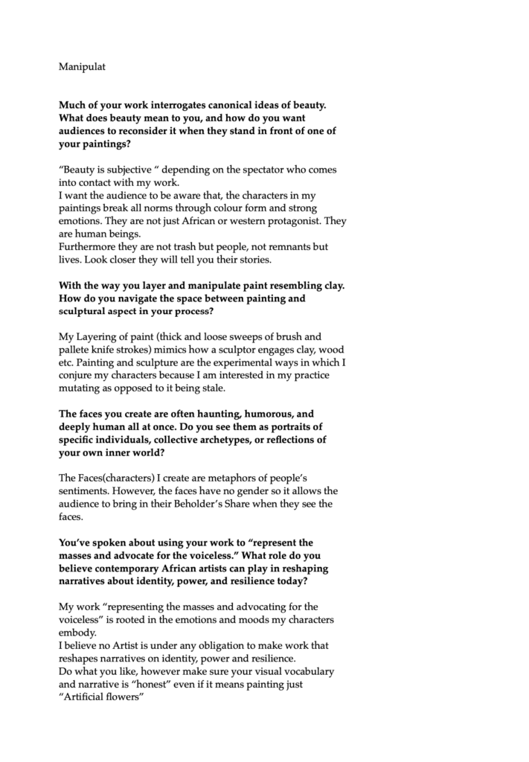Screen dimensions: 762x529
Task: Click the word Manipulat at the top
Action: pos(82,67)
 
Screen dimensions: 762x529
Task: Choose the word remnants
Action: pos(272,247)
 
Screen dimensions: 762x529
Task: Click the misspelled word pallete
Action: pos(74,350)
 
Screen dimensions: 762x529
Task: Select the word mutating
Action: pos(81,388)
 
